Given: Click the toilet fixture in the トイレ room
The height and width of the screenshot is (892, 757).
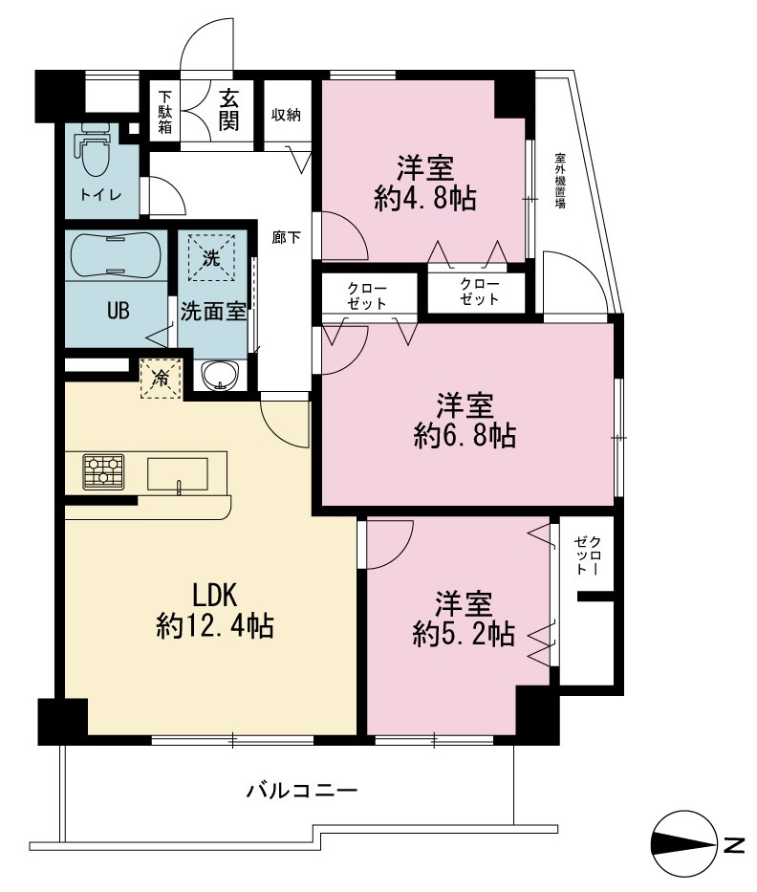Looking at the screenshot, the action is (x=95, y=150).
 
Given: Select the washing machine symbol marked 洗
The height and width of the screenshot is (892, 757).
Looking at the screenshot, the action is (x=211, y=258).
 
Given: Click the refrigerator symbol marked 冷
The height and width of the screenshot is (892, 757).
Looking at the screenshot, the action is (x=161, y=378).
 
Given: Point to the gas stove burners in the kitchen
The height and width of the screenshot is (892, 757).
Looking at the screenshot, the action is (x=103, y=471).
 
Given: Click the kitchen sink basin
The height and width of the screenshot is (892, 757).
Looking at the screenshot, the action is (x=178, y=474).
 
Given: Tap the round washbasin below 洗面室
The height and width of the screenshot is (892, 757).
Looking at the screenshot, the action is (x=221, y=376).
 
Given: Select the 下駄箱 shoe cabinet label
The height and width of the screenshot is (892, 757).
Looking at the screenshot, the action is (x=165, y=111).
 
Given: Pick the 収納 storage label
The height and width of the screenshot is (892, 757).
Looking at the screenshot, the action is (x=286, y=115).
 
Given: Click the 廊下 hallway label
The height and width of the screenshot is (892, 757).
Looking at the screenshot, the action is (x=286, y=237).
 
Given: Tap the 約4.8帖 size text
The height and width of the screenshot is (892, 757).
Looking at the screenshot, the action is (x=424, y=199).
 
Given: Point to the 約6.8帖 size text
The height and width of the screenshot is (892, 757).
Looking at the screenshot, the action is (x=465, y=436).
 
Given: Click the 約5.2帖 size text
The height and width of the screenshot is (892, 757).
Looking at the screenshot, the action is (x=464, y=634).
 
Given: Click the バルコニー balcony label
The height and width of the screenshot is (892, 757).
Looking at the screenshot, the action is (x=301, y=791).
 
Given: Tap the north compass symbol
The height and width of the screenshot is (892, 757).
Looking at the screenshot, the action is (x=684, y=843).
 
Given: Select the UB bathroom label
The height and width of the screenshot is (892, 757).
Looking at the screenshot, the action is (x=119, y=310).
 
